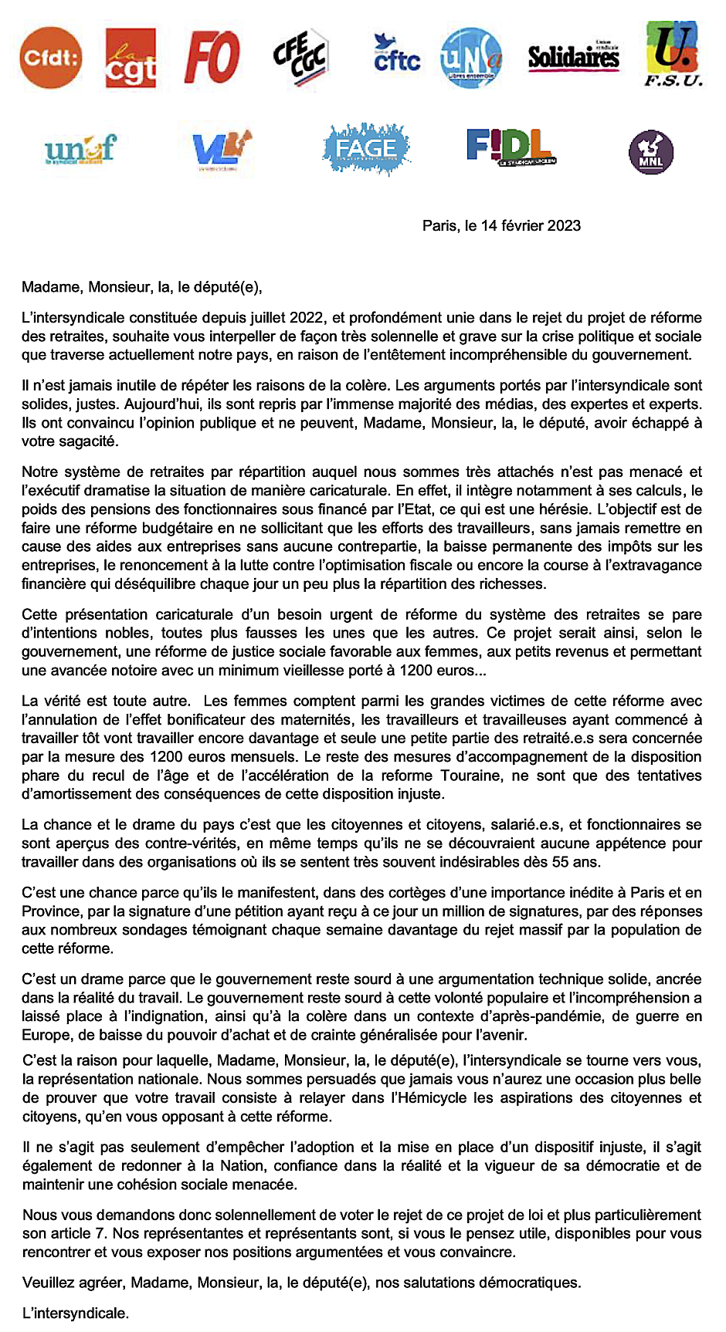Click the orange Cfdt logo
51,57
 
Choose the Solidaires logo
574,56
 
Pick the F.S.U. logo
673,53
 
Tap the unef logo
80,149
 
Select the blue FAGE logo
366,149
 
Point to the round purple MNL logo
651,153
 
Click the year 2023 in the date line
564,226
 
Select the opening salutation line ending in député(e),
142,288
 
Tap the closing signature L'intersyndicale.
76,1313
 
